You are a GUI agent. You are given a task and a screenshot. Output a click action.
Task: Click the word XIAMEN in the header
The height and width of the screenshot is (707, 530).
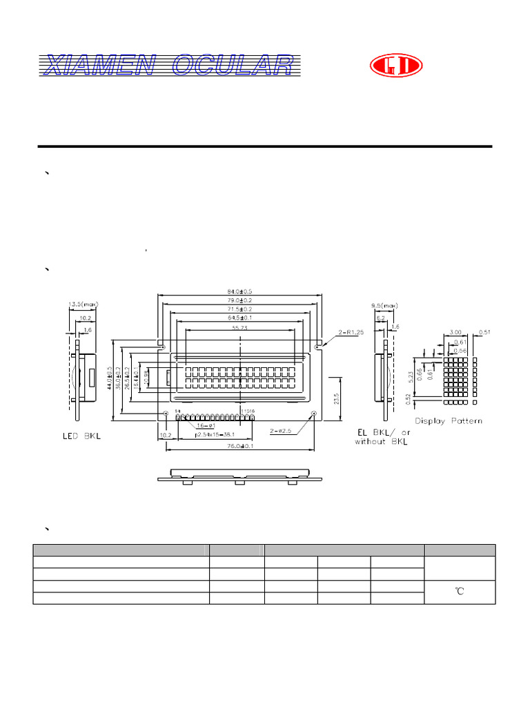click(101, 66)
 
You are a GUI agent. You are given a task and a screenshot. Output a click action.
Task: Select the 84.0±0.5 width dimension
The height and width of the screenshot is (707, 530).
click(240, 293)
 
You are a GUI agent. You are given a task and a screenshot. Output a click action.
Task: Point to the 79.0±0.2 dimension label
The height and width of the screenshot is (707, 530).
click(240, 302)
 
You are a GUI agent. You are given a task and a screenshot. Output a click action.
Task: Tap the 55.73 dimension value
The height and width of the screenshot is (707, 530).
click(240, 328)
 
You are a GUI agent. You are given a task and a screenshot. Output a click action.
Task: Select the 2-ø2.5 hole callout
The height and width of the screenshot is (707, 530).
click(282, 430)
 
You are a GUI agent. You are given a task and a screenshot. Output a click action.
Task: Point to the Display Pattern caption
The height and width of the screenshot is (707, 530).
click(448, 420)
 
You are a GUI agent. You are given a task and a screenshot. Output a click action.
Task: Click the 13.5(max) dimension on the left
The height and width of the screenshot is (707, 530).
click(83, 304)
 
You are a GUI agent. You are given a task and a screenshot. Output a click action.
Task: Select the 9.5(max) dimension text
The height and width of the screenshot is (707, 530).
click(385, 304)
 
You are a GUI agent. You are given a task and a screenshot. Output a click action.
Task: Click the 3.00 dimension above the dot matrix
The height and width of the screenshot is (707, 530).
click(455, 333)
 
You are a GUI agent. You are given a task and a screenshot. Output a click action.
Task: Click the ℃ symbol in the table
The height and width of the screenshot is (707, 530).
click(459, 592)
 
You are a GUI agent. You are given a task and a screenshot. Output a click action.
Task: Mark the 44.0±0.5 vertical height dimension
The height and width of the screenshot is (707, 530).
click(110, 378)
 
